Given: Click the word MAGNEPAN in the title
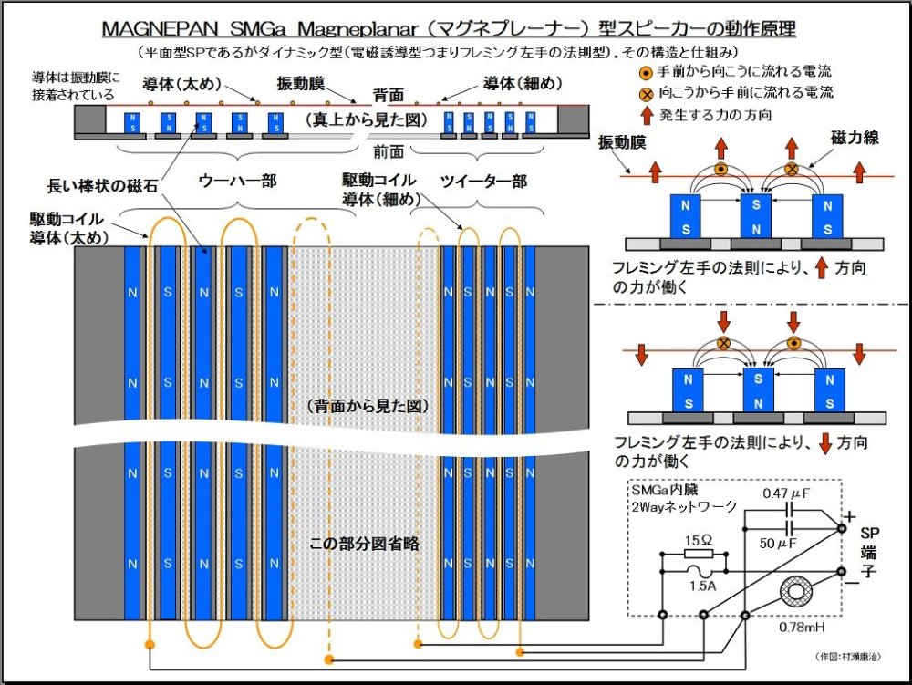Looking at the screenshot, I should tap(160, 28).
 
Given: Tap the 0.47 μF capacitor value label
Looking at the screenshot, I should tap(785, 493).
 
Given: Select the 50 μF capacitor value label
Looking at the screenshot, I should tap(782, 544).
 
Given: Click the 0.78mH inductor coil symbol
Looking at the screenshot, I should tap(797, 591).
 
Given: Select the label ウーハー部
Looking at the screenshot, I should tap(237, 181).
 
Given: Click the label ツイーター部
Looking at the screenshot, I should tap(483, 181).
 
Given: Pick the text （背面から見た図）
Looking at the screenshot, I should tap(365, 404).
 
